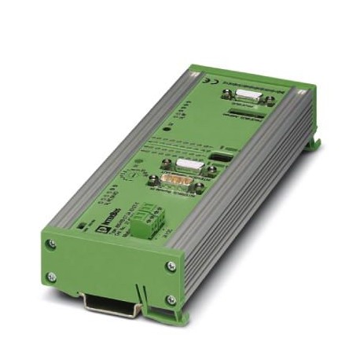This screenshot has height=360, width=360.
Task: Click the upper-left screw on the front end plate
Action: [53, 244]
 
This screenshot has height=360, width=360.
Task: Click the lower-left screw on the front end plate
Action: [52, 276]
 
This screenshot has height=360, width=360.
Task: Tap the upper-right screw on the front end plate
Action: [171, 266]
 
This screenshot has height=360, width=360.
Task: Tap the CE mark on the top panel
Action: [205, 82]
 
